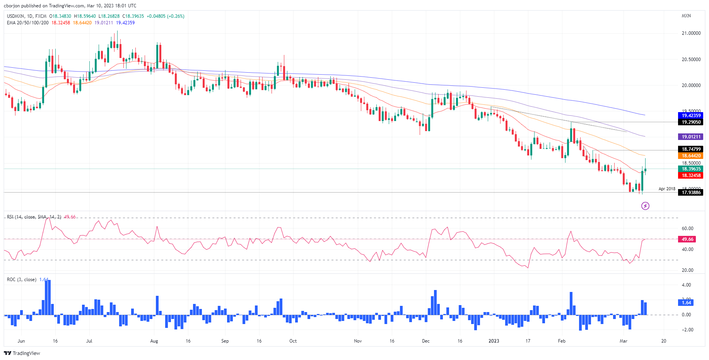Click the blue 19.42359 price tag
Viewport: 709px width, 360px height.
[691, 116]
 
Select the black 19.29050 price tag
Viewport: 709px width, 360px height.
[691, 122]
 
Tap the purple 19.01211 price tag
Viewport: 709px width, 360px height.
[691, 137]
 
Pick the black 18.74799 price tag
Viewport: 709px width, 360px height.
[691, 149]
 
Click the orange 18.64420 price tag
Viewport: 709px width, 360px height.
[691, 156]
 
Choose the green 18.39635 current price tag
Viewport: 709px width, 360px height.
[691, 169]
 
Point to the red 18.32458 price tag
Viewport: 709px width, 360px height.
[691, 176]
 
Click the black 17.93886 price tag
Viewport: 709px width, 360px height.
[691, 193]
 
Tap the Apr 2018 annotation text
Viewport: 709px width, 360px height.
[667, 189]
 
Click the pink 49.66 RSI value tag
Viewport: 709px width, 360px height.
[687, 239]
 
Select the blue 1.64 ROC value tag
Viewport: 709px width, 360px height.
[686, 303]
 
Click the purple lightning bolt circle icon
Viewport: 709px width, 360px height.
[645, 206]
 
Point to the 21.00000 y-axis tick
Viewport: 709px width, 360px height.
[691, 33]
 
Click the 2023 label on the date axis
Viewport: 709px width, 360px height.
[494, 341]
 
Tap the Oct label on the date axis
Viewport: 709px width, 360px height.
[293, 341]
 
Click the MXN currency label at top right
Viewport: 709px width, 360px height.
[686, 16]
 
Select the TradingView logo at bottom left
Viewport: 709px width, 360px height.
[22, 353]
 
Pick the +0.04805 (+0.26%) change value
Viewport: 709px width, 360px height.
[165, 16]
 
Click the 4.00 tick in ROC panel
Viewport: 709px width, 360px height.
[686, 285]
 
